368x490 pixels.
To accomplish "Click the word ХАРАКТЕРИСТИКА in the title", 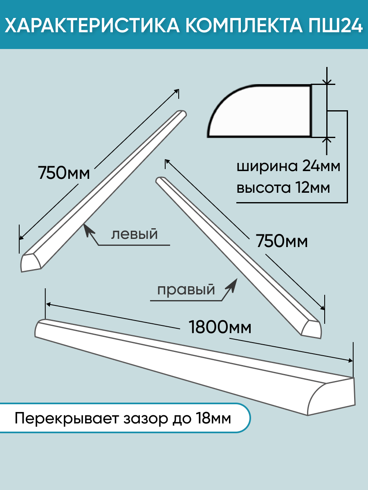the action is pyautogui.click(x=92, y=26).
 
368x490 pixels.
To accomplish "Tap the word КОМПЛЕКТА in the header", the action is pyautogui.click(x=244, y=26).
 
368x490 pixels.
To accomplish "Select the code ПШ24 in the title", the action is pyautogui.click(x=335, y=26).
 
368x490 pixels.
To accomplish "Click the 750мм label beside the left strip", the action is pyautogui.click(x=64, y=173).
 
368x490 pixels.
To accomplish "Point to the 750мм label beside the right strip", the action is pyautogui.click(x=282, y=241).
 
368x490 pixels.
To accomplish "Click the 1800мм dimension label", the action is pyautogui.click(x=220, y=327).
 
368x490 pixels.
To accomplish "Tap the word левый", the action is pyautogui.click(x=135, y=234).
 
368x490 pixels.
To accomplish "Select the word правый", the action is pyautogui.click(x=186, y=290).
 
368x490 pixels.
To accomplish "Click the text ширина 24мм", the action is pyautogui.click(x=288, y=167).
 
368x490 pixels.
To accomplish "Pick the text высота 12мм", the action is pyautogui.click(x=283, y=188).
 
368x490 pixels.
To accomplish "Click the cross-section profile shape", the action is pyautogui.click(x=260, y=111).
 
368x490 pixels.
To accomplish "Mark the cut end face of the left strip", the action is pyautogui.click(x=31, y=263).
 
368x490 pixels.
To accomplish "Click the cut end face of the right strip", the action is pyautogui.click(x=312, y=330).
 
